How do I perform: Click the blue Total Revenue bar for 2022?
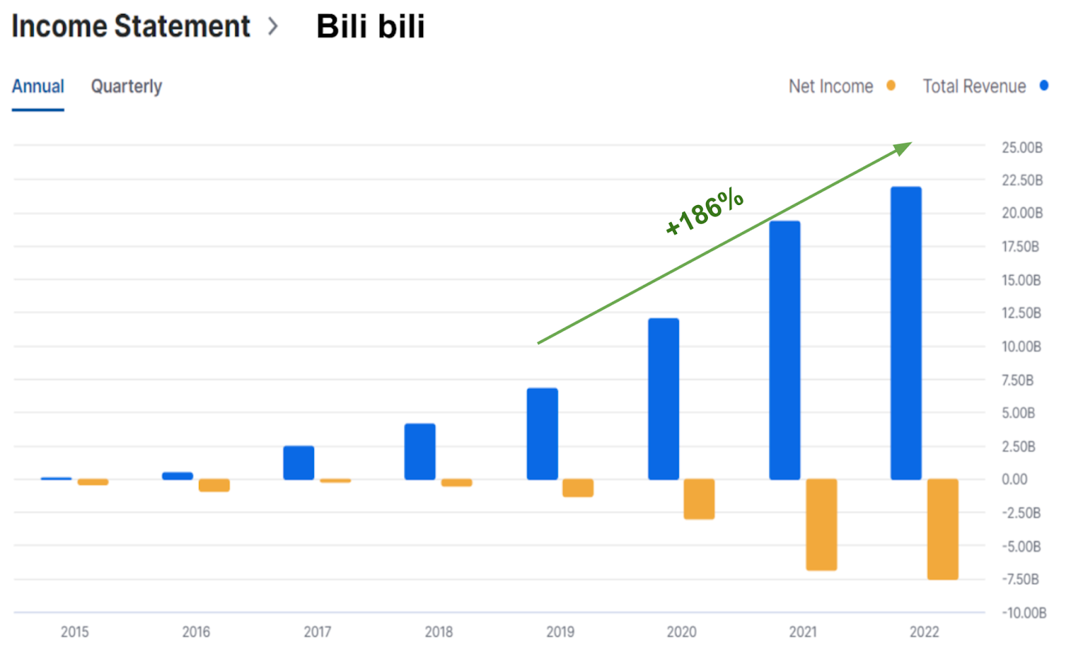pyautogui.click(x=906, y=333)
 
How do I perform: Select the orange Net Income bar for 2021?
pyautogui.click(x=821, y=524)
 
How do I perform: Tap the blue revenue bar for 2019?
pyautogui.click(x=542, y=434)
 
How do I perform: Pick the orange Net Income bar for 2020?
pyautogui.click(x=699, y=499)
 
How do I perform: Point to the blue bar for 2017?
pyautogui.click(x=299, y=463)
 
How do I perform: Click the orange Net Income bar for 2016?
pyautogui.click(x=214, y=485)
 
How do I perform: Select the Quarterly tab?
pyautogui.click(x=127, y=87)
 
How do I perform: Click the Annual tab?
pyautogui.click(x=38, y=87)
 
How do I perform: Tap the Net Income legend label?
pyautogui.click(x=831, y=87)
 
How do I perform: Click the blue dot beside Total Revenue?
pyautogui.click(x=1044, y=85)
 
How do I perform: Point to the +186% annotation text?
pyautogui.click(x=705, y=211)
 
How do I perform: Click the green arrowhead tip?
pyautogui.click(x=909, y=144)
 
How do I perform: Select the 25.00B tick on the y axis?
pyautogui.click(x=1021, y=147)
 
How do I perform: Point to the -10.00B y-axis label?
pyautogui.click(x=1023, y=613)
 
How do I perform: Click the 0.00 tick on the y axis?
pyautogui.click(x=1014, y=480)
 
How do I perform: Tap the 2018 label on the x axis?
pyautogui.click(x=439, y=632)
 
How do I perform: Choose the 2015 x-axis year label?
pyautogui.click(x=74, y=632)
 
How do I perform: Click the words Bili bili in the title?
pyautogui.click(x=370, y=27)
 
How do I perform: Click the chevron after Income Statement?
pyautogui.click(x=273, y=27)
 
